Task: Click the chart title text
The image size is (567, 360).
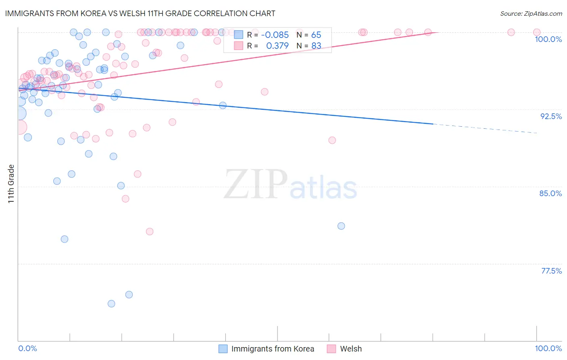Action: coord(140,13)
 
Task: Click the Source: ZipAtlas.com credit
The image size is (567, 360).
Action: coord(531,13)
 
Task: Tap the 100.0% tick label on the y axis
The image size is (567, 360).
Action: coord(548,39)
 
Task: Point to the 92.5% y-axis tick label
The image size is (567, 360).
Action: coord(551,116)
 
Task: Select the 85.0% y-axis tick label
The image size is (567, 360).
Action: coord(550,193)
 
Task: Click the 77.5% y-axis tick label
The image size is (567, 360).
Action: coord(551,271)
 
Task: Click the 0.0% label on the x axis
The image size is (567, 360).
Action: coord(27,348)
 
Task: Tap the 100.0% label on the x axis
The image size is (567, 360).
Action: coord(548,348)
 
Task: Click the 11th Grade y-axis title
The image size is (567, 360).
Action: coord(11,184)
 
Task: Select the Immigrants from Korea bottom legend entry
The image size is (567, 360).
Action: coord(273,349)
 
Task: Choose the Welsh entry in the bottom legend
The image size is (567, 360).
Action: coord(351,349)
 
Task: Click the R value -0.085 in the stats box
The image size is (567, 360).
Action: coord(275,35)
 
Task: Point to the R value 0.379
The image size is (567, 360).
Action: coord(277,46)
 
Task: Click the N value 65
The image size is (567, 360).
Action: coord(316,35)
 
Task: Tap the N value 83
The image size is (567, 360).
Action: coord(316,46)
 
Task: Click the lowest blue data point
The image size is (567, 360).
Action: coord(111,303)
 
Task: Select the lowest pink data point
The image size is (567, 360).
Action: coord(150,231)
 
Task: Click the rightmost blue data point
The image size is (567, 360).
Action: coord(341,226)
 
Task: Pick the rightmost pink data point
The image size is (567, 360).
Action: coord(537,32)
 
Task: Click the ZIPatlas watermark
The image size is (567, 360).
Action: coord(290,185)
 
